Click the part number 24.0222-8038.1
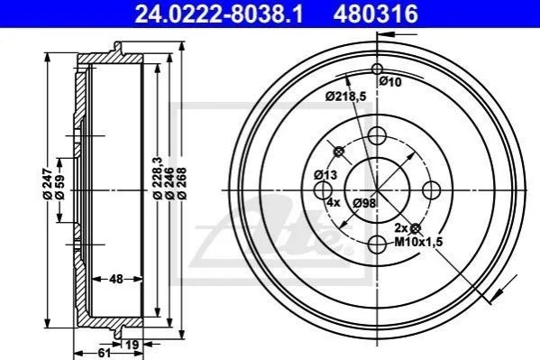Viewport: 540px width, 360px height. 219,14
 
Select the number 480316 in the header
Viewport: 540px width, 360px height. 375,14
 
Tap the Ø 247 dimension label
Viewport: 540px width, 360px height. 48,184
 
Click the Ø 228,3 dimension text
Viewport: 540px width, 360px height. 158,178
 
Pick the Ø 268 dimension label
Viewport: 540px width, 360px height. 181,183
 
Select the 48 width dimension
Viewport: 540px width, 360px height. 116,279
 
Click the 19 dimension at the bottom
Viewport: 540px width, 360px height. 132,345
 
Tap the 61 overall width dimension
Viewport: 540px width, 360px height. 105,353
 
